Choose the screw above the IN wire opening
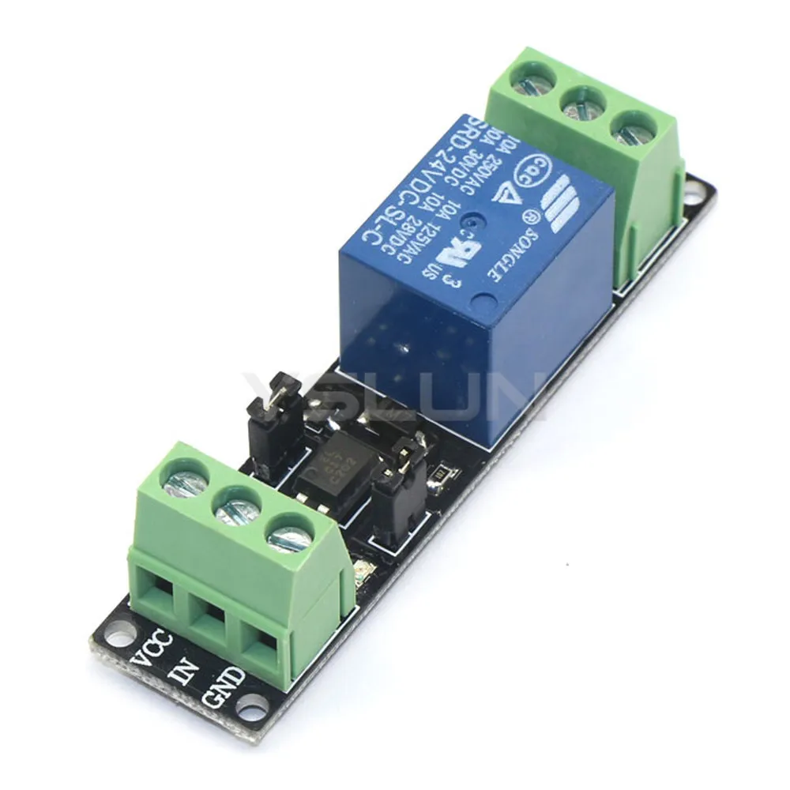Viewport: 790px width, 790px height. [237, 506]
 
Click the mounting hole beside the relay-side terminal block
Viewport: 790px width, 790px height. [694, 190]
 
